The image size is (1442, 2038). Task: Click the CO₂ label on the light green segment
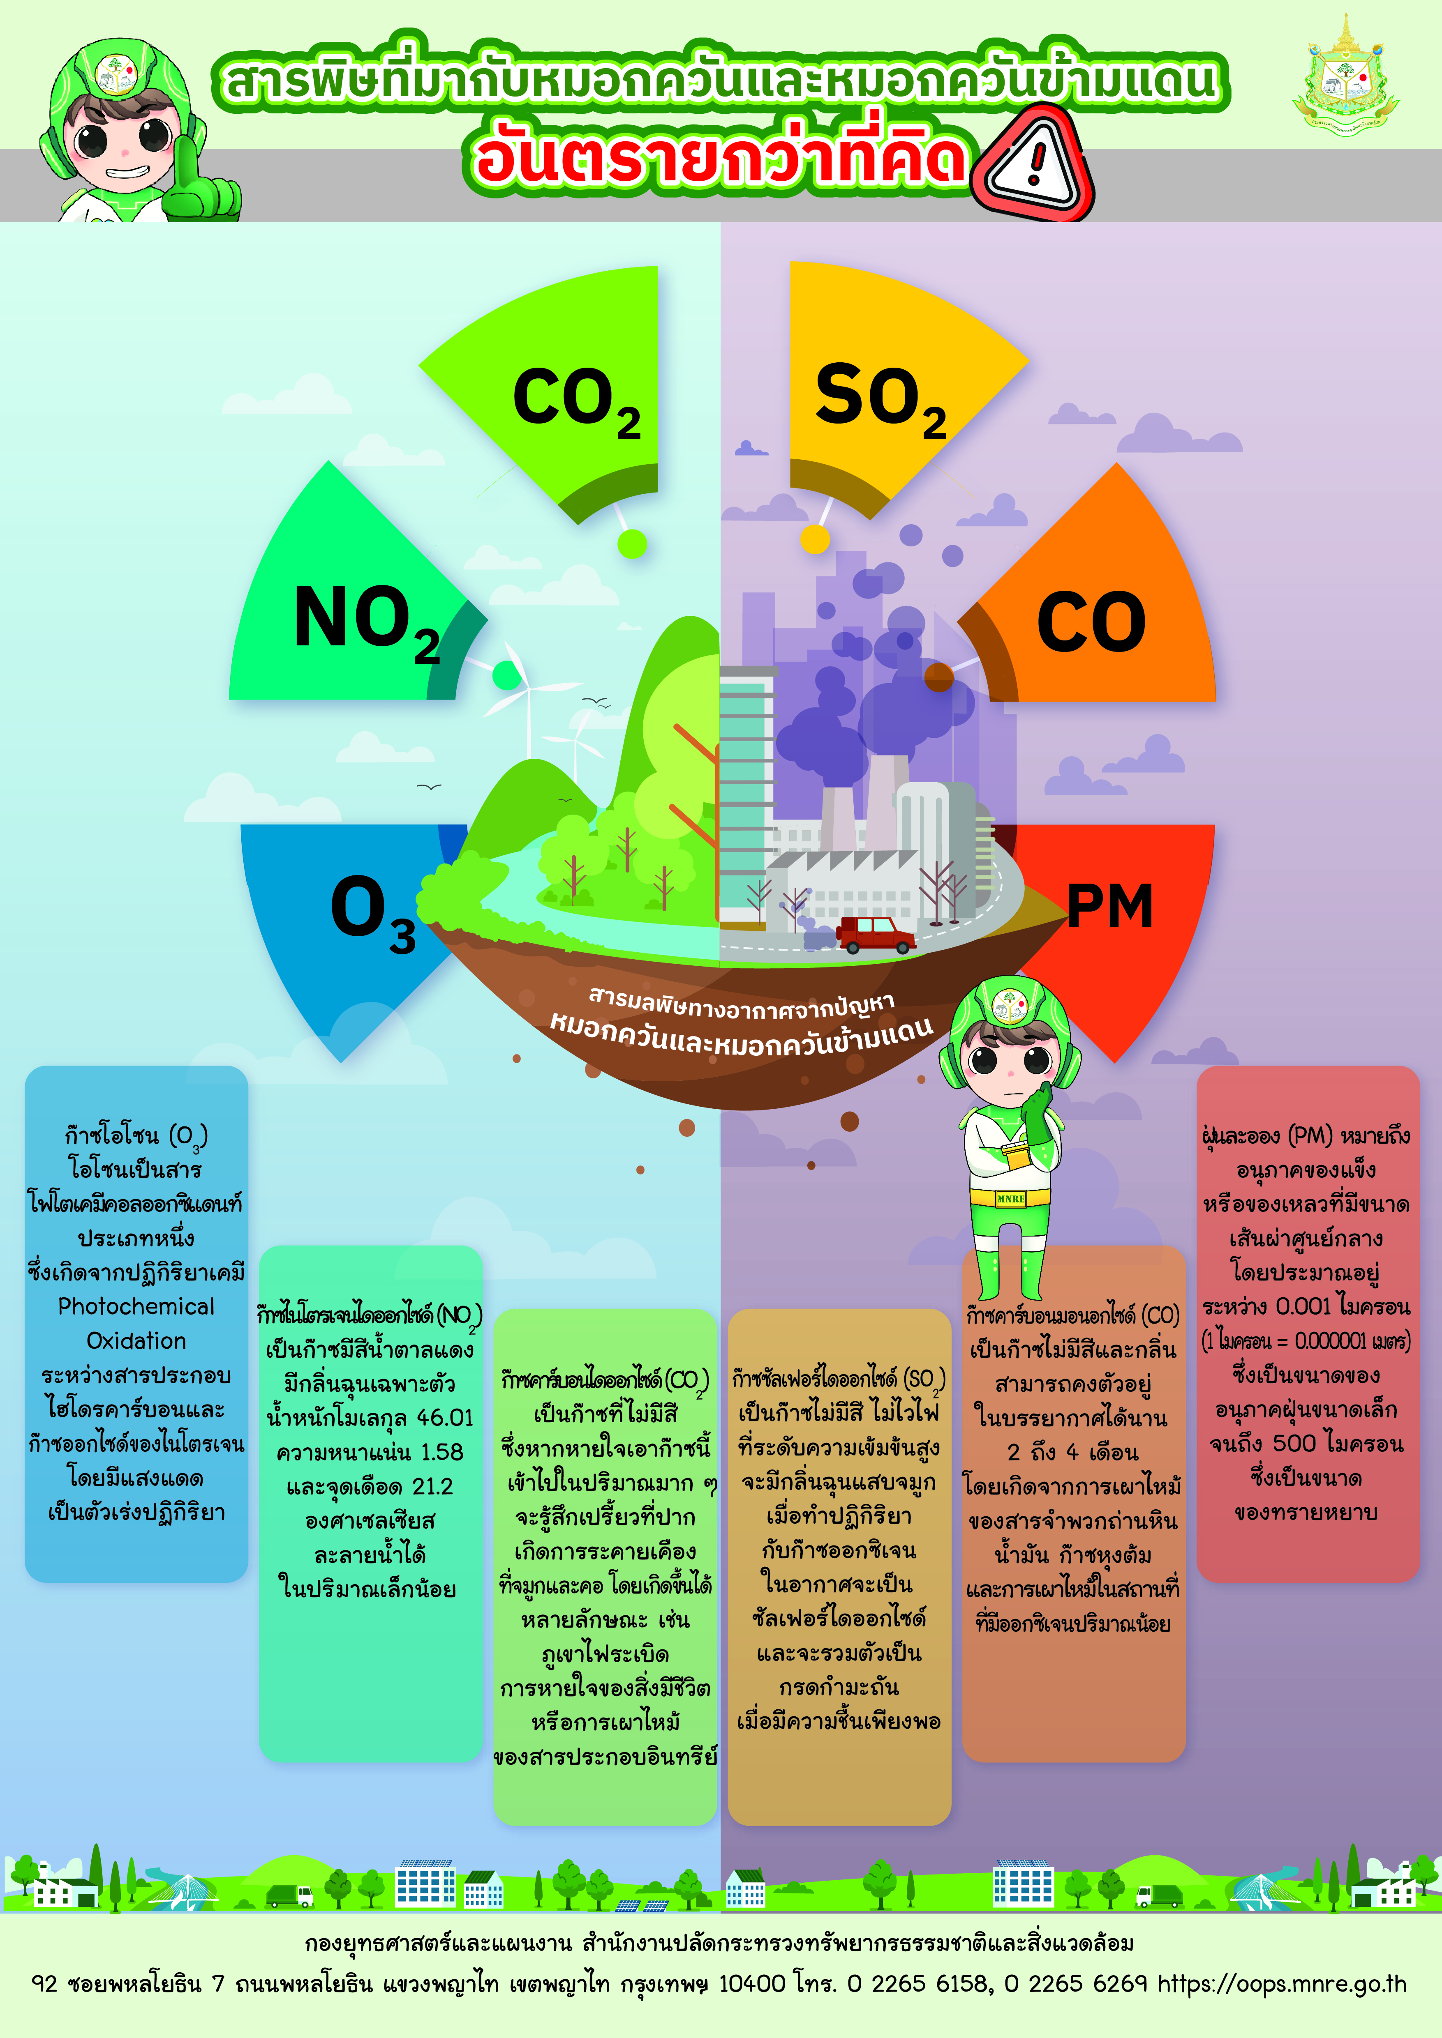click(x=577, y=401)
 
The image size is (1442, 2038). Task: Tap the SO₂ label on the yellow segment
click(x=881, y=399)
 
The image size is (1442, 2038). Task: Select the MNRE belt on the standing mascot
click(x=1010, y=1198)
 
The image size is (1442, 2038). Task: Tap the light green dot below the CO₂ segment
click(x=632, y=543)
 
